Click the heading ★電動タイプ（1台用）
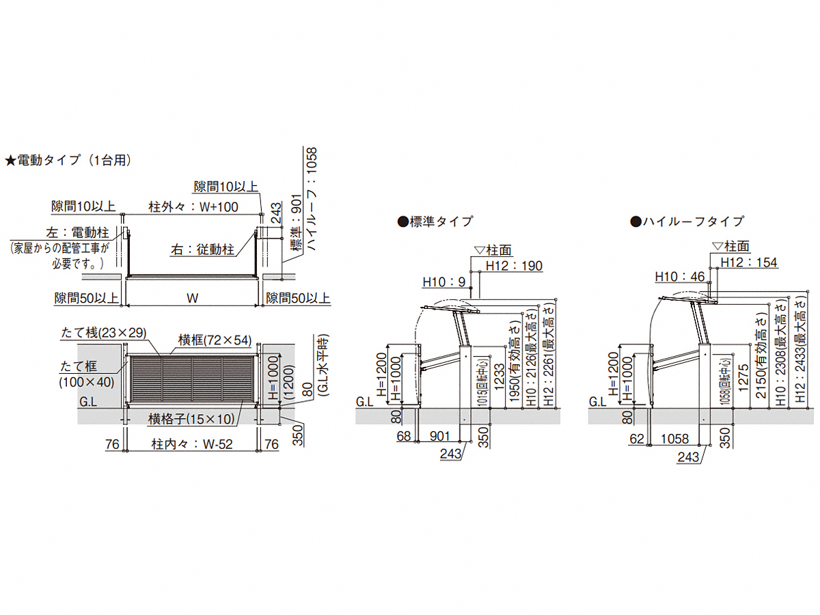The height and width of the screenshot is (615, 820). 68,160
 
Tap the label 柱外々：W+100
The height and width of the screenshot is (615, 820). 193,206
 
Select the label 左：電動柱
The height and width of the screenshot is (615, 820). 77,232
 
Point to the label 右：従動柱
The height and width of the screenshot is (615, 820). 202,249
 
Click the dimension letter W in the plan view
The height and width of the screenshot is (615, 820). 192,298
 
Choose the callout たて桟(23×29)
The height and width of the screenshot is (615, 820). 103,332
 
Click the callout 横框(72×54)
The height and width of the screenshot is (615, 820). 215,340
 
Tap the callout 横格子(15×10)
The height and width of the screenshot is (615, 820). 191,419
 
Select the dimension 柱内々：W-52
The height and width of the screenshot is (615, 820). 192,444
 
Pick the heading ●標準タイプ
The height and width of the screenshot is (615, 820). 435,221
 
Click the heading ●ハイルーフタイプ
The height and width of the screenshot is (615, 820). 687,221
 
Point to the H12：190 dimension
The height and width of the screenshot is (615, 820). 514,266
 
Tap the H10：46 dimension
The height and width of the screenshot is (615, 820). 679,277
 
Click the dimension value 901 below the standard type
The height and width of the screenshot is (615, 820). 439,436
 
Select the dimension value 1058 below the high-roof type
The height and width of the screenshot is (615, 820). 674,439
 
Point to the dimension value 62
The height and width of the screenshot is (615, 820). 637,439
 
